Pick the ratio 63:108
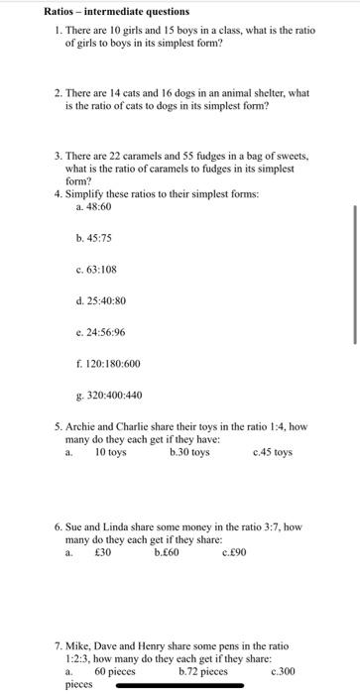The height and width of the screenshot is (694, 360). click(x=102, y=269)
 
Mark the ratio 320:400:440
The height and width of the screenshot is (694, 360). click(x=115, y=396)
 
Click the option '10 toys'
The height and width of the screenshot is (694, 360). click(x=110, y=452)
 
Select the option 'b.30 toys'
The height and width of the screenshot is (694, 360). click(x=189, y=452)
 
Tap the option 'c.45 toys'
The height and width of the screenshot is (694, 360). click(x=273, y=452)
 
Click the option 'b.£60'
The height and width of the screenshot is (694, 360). click(x=167, y=552)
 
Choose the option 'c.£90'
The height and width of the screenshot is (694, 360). click(x=236, y=552)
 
